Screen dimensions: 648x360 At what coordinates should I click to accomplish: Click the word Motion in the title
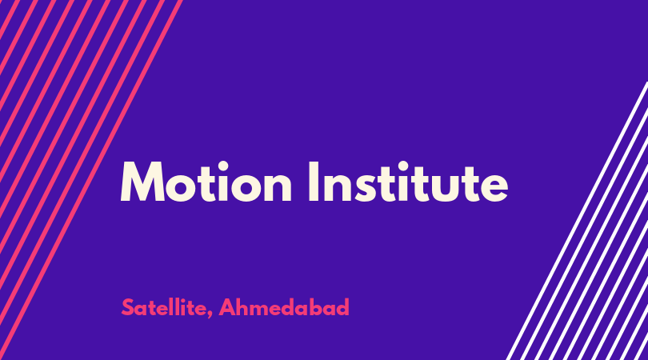pyautogui.click(x=206, y=182)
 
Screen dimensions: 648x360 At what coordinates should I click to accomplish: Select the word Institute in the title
pyautogui.click(x=408, y=182)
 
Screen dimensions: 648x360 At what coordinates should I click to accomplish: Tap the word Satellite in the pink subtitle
pyautogui.click(x=164, y=307)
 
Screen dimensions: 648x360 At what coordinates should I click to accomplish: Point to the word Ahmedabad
pyautogui.click(x=284, y=307)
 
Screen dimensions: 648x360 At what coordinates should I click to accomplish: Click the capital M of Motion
pyautogui.click(x=142, y=182)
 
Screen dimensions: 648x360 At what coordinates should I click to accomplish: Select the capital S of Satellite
pyautogui.click(x=127, y=307)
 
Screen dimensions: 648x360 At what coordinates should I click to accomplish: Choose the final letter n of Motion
pyautogui.click(x=279, y=188)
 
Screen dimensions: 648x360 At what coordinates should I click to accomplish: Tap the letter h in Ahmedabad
pyautogui.click(x=243, y=307)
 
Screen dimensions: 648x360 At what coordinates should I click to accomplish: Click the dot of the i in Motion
pyautogui.click(x=222, y=166)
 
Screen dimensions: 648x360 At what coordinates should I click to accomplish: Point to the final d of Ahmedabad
pyautogui.click(x=342, y=307)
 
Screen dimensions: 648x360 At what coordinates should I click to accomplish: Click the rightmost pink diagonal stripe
pyautogui.click(x=90, y=178)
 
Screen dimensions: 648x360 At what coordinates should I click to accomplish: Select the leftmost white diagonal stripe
pyautogui.click(x=577, y=221)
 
